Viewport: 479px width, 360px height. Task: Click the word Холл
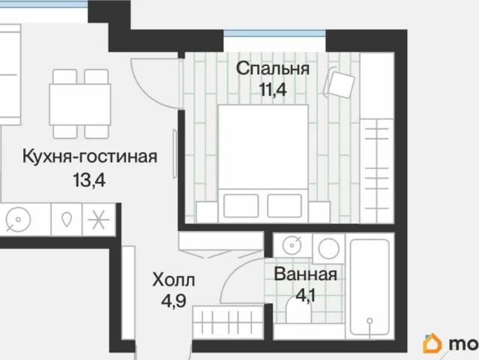173,280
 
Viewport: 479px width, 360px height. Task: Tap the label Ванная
305,274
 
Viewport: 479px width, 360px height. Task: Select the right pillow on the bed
289,205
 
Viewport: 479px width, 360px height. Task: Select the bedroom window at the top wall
274,34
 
